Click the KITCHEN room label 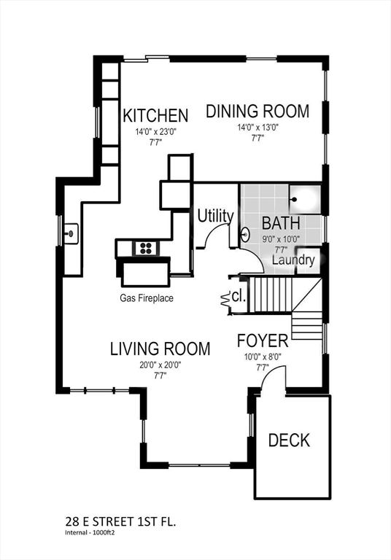tap(155, 115)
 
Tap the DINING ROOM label tap(258, 111)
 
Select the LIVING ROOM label tap(160, 349)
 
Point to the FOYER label tap(263, 341)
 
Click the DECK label tap(289, 440)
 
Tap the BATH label tap(281, 223)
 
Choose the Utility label tap(215, 216)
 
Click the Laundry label tap(293, 260)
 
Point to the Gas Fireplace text tap(147, 297)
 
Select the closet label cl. tap(239, 296)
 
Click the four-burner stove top tap(146, 248)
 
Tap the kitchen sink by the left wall tap(71, 233)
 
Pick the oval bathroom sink tap(245, 235)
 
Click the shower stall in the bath tap(306, 199)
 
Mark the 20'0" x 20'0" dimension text tap(160, 365)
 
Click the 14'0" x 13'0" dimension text tap(258, 127)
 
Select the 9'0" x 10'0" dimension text tap(282, 239)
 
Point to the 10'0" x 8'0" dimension tap(263, 357)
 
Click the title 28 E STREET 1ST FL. tap(120, 522)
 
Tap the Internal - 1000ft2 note tap(91, 532)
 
